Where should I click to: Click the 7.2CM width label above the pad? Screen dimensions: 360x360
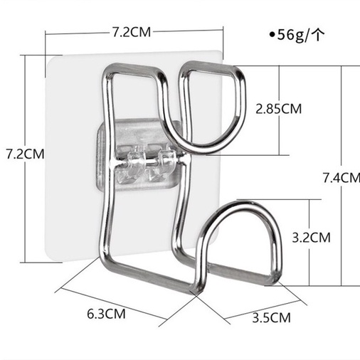[x=132, y=32]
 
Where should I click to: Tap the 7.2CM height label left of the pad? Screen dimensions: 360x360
[x=25, y=154]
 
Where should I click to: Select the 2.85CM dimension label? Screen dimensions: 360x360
[x=278, y=109]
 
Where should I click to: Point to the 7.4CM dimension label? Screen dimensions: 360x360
[x=342, y=178]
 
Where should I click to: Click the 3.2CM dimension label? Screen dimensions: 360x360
[x=311, y=238]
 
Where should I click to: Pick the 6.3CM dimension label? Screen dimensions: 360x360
[x=106, y=314]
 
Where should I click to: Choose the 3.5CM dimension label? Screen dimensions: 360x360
[x=271, y=317]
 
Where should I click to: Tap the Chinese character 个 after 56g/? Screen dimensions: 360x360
[x=317, y=35]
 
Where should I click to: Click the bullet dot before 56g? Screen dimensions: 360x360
[x=272, y=35]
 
